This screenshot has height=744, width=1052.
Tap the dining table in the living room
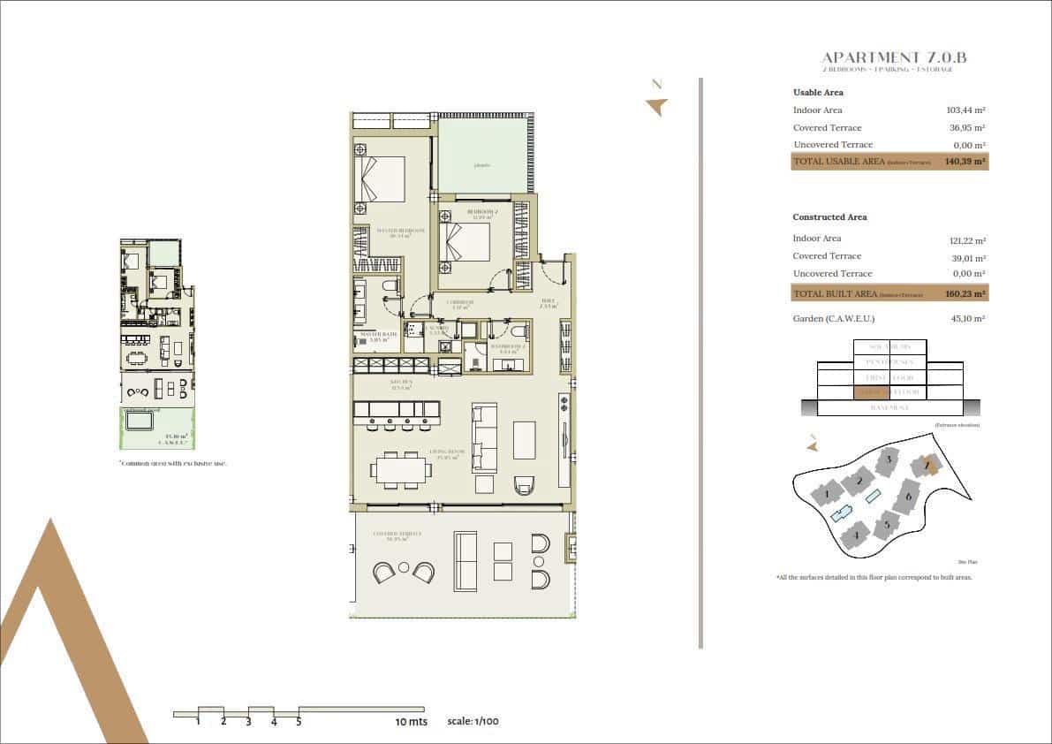pyautogui.click(x=403, y=467)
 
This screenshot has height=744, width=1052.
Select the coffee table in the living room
pyautogui.click(x=524, y=439)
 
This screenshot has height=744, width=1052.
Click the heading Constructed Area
pyautogui.click(x=829, y=217)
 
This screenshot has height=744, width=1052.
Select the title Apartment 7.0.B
pyautogui.click(x=894, y=57)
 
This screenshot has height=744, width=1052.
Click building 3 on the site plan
pyautogui.click(x=886, y=460)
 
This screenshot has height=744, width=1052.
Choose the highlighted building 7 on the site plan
pyautogui.click(x=927, y=465)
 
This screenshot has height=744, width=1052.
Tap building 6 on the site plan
pyautogui.click(x=905, y=497)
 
